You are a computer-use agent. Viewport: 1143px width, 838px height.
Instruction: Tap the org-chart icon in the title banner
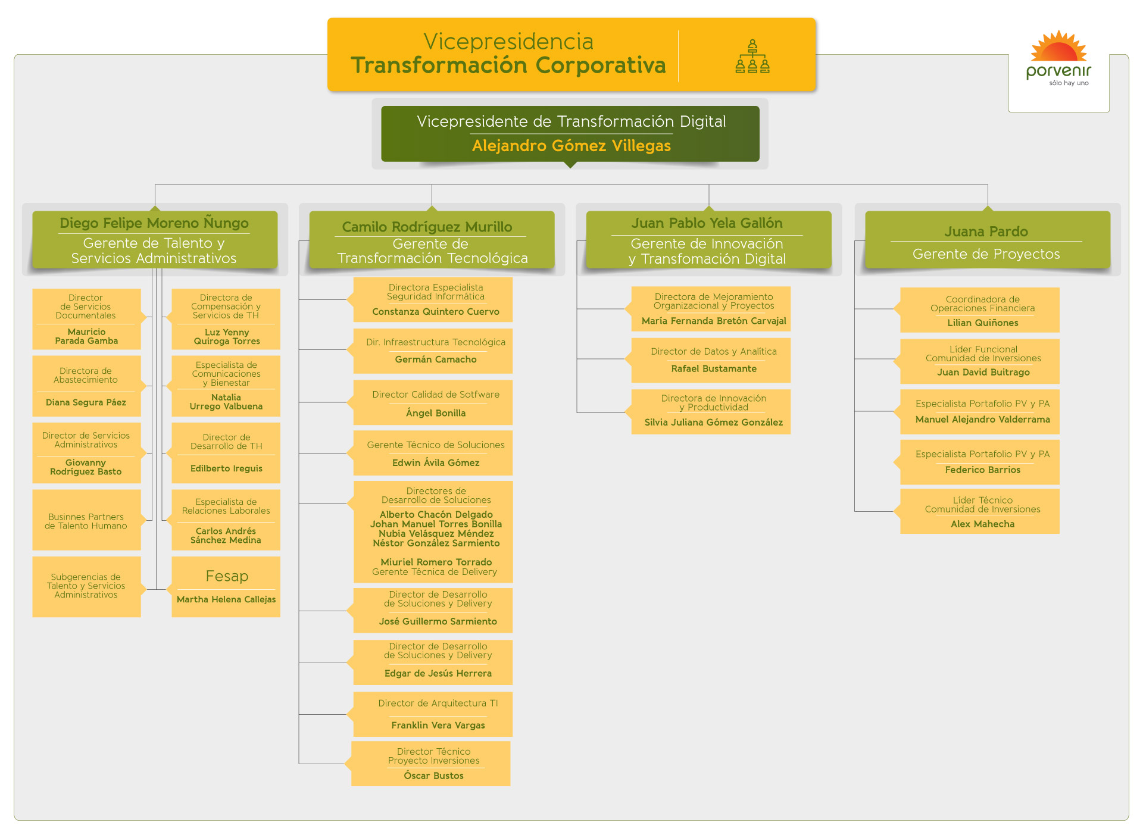(752, 57)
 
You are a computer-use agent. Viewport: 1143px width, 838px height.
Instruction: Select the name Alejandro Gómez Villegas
(571, 146)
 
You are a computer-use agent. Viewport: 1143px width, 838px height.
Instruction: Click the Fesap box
(226, 587)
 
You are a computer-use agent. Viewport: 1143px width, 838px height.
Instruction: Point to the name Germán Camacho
(436, 359)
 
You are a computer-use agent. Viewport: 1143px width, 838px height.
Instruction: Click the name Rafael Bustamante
(714, 369)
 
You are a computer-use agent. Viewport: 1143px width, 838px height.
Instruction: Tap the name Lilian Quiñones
(983, 323)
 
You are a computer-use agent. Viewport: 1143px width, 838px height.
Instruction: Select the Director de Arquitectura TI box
(433, 714)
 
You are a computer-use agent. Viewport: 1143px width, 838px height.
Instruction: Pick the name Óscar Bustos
(433, 776)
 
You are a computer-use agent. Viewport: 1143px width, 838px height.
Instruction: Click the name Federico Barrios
(983, 470)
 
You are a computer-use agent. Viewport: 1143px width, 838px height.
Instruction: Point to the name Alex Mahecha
(983, 524)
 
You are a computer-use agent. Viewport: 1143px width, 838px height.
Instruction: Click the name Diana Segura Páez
(86, 403)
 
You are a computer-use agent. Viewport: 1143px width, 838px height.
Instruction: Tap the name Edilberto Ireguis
(226, 469)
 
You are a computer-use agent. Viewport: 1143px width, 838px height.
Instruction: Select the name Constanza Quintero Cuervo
(436, 312)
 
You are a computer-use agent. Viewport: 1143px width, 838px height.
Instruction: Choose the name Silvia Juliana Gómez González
(714, 423)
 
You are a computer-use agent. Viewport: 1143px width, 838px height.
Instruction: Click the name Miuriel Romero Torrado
(436, 562)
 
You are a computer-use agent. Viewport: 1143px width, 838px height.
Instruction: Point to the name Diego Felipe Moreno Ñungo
(154, 223)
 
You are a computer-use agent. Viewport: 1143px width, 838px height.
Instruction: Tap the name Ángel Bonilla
(436, 413)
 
